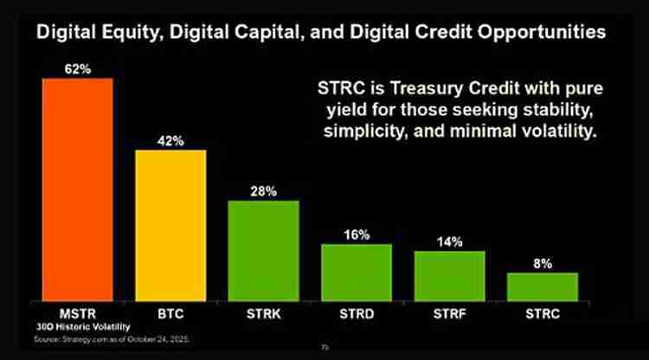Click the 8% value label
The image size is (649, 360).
542,263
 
